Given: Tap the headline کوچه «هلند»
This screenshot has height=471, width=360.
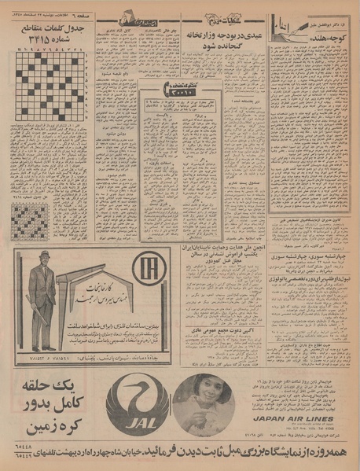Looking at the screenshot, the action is (x=306, y=40).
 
